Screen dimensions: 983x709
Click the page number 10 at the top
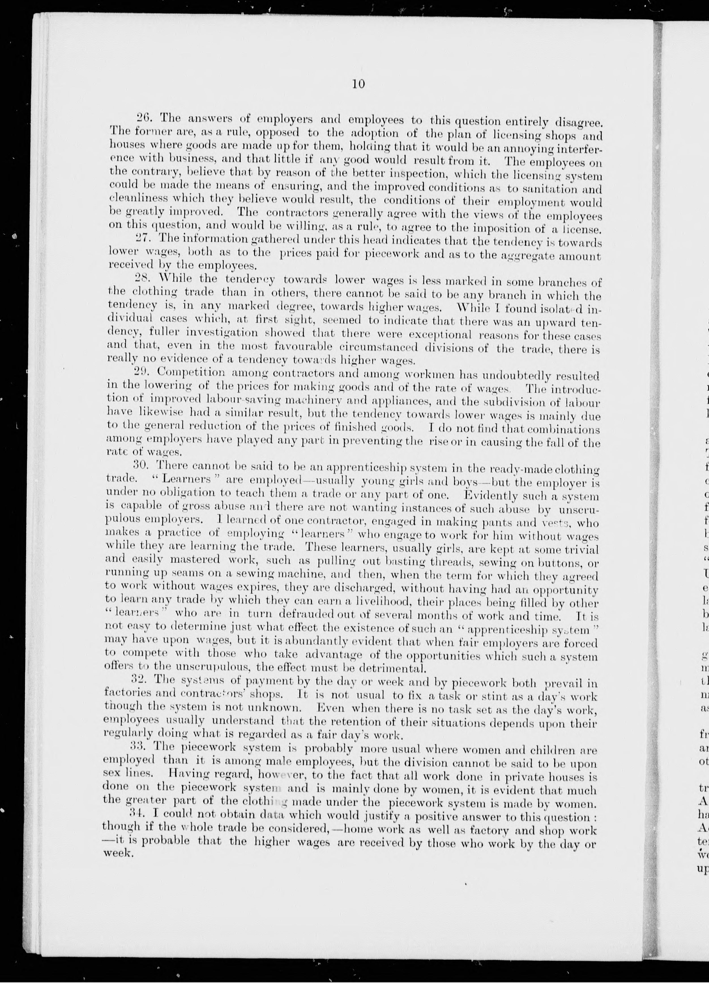(359, 84)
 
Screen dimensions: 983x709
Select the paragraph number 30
(140, 466)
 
